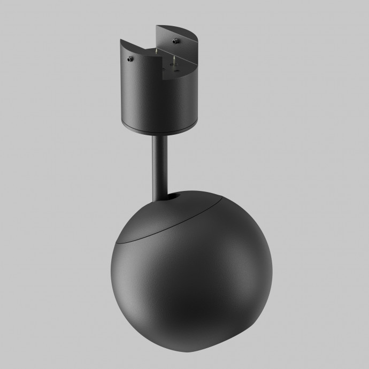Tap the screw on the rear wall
tap(175, 40)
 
